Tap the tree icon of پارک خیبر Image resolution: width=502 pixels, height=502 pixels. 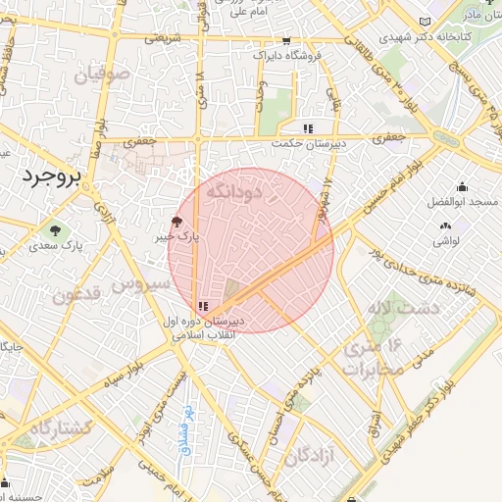point(176,222)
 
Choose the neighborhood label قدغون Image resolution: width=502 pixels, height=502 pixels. point(73,295)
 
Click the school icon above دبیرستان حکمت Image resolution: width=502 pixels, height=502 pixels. point(308,128)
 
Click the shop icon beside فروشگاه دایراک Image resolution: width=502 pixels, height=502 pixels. point(285,41)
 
